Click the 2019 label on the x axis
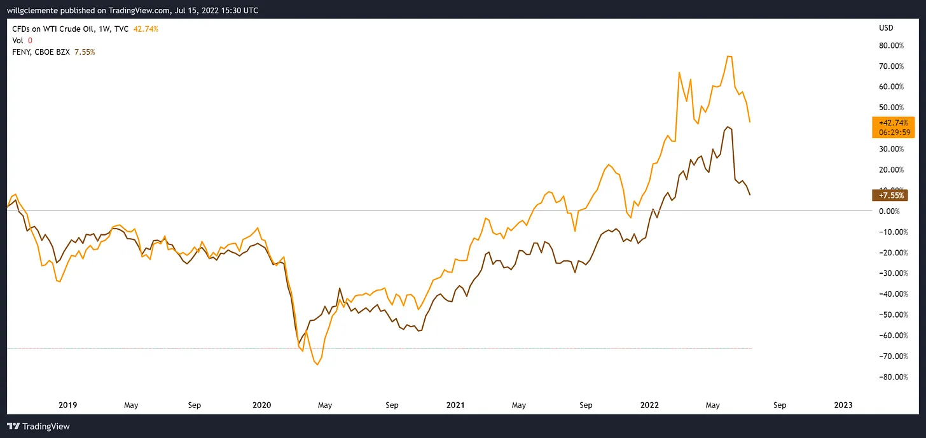click(x=68, y=405)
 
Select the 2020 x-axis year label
click(x=261, y=405)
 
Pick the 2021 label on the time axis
click(x=455, y=405)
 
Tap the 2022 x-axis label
click(x=649, y=405)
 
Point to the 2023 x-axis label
click(x=843, y=405)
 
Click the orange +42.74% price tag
click(x=893, y=122)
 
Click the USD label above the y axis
click(x=885, y=28)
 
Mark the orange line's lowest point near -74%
click(x=317, y=365)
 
